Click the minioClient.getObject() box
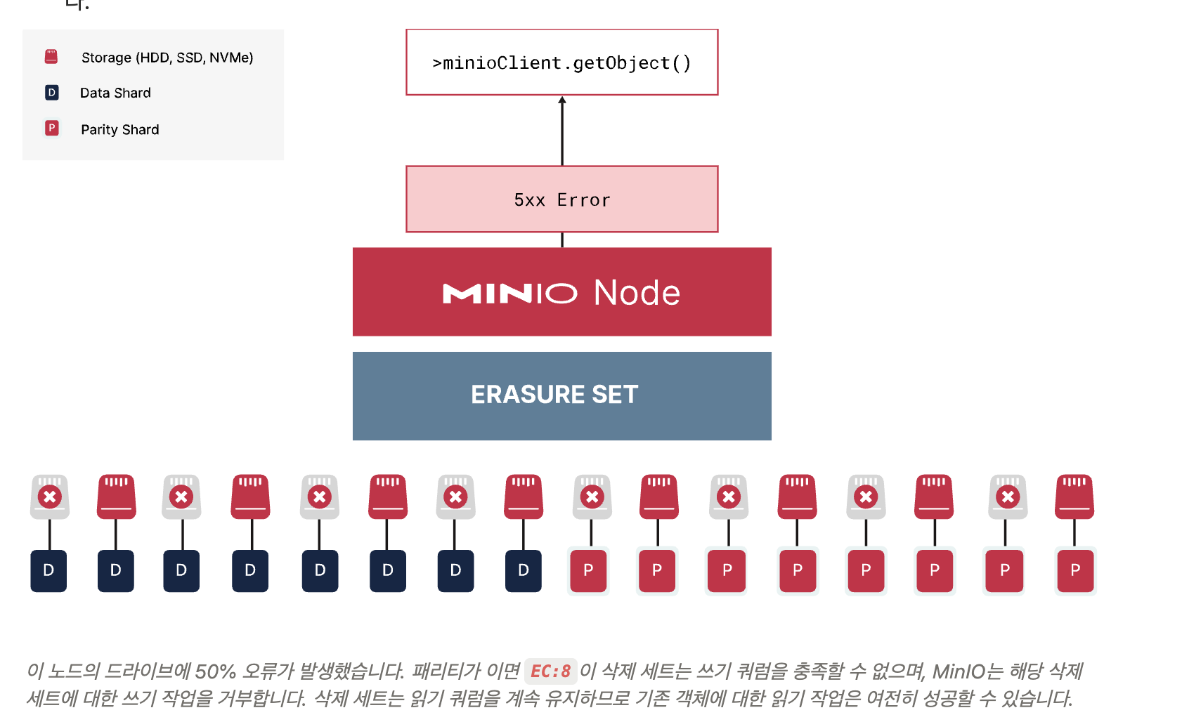(561, 63)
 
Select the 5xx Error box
(561, 199)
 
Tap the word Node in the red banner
(637, 293)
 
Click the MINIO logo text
(509, 294)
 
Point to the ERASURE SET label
(554, 395)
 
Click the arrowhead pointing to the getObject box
(562, 100)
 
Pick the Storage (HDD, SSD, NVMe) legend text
(167, 58)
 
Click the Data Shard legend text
(115, 93)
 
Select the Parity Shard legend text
(120, 129)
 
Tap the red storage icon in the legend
(51, 57)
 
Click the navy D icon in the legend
(52, 93)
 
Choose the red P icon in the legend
(52, 129)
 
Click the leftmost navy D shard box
(48, 570)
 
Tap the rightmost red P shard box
(1075, 570)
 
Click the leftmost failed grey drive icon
(50, 497)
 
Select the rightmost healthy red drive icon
(1074, 497)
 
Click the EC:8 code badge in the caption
(550, 671)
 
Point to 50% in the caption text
(215, 671)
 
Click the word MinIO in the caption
(959, 671)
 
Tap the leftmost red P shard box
(588, 570)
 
